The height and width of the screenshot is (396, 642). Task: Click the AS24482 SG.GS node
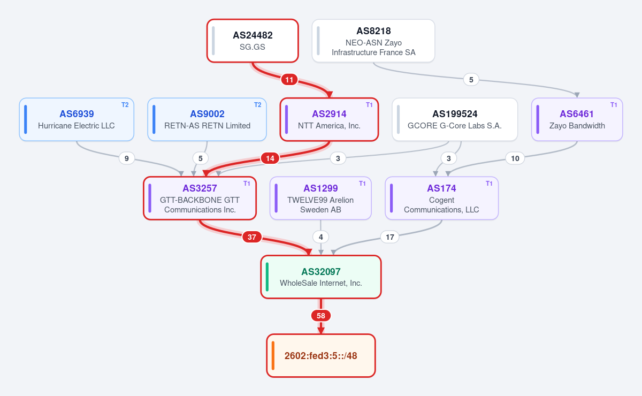[253, 41]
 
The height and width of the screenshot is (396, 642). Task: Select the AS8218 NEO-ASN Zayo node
[373, 41]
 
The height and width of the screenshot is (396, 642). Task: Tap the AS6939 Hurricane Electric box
[77, 119]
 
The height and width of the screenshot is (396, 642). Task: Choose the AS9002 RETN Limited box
[207, 119]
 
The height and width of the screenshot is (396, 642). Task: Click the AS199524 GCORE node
[455, 119]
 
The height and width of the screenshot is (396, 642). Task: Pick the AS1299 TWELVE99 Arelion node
[320, 198]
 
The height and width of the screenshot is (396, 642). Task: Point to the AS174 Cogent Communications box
[441, 198]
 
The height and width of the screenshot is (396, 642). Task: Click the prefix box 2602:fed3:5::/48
[320, 355]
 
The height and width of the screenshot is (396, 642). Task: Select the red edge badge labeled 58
[320, 316]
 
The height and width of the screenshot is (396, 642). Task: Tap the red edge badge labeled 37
[251, 237]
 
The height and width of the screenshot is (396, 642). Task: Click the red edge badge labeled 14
[270, 158]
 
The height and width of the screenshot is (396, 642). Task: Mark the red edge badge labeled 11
[289, 80]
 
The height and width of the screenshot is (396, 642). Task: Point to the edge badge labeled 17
[389, 237]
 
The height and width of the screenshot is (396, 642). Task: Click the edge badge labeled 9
[126, 158]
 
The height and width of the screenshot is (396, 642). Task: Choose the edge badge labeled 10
[515, 158]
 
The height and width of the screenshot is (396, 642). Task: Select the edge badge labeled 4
[320, 237]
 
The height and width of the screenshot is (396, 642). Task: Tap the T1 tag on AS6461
[614, 105]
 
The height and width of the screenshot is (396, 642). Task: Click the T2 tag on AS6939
[125, 105]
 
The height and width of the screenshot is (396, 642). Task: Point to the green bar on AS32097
[267, 277]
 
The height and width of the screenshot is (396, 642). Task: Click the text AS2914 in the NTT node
[329, 114]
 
